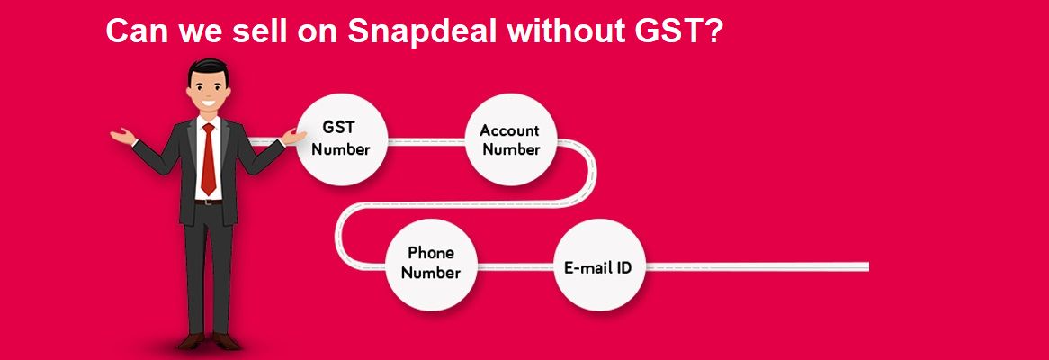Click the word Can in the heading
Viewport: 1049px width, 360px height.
(134, 31)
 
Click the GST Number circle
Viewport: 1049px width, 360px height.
(341, 139)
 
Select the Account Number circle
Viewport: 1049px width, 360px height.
(510, 139)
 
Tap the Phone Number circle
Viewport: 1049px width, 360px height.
(430, 263)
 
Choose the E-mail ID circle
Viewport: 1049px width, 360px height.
(597, 266)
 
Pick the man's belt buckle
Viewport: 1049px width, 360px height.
(209, 201)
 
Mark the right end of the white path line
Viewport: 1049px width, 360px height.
(865, 266)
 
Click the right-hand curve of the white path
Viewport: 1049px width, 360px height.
(589, 175)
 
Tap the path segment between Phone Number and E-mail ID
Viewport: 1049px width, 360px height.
(514, 266)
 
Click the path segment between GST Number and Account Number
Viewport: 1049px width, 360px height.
(426, 140)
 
